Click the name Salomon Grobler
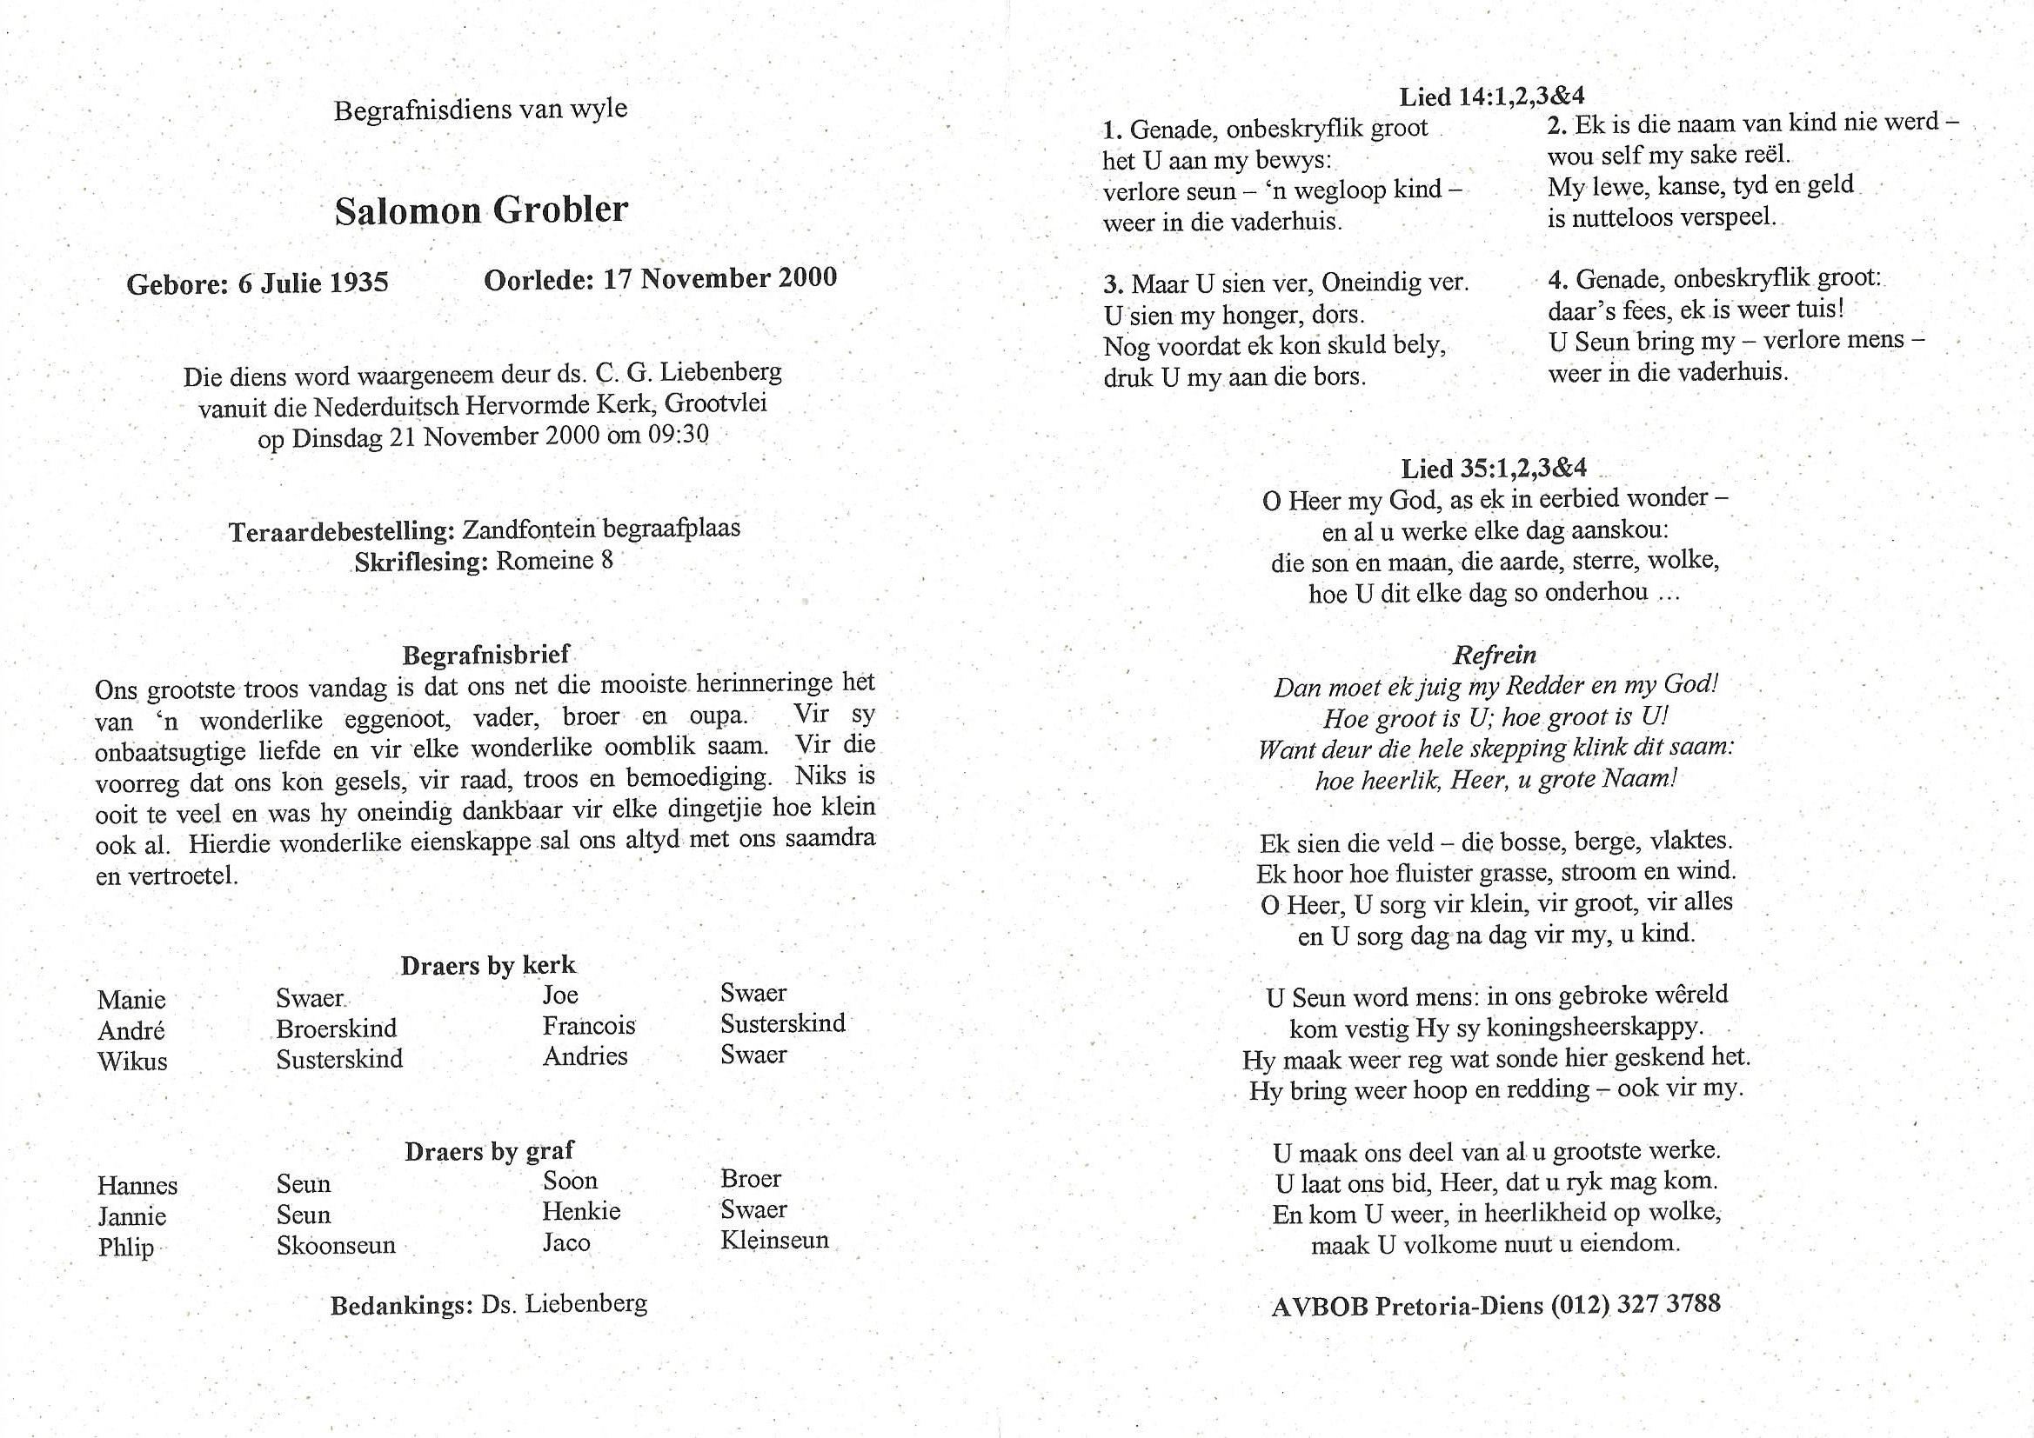coord(481,210)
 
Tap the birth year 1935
coord(358,283)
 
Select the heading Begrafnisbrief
coord(485,655)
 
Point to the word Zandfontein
coord(529,529)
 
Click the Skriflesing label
coord(421,563)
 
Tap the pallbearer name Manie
coord(131,1000)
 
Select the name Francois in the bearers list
coord(589,1025)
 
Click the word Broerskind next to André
coord(337,1028)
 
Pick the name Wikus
coord(132,1061)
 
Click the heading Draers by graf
coord(489,1151)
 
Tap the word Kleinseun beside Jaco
coord(774,1240)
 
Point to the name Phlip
coord(126,1247)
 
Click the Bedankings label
coord(401,1306)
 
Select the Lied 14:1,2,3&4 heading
coord(1492,96)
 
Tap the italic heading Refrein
coord(1495,656)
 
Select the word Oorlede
coord(539,280)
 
